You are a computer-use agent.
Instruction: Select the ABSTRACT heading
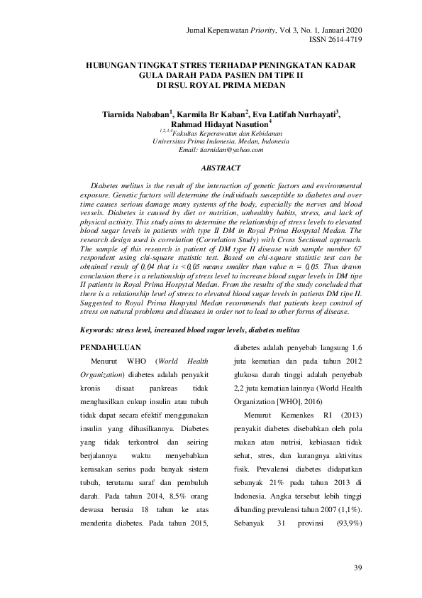pyautogui.click(x=221, y=168)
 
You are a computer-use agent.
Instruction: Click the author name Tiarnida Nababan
pyautogui.click(x=135, y=114)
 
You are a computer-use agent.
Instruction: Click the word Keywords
pyautogui.click(x=99, y=330)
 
